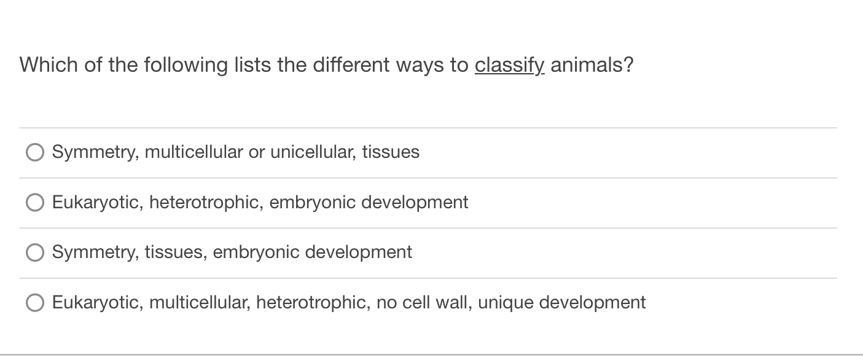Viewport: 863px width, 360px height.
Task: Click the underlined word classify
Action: click(x=509, y=65)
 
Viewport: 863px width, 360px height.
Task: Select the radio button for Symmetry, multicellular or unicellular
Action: click(x=35, y=152)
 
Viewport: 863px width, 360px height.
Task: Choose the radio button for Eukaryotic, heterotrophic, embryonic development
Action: click(x=35, y=203)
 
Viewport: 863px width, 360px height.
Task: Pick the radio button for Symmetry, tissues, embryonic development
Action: click(x=35, y=252)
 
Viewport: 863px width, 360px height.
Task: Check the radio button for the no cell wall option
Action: click(x=35, y=303)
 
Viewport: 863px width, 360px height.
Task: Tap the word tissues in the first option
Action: click(x=391, y=152)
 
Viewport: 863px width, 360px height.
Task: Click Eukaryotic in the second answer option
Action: click(x=95, y=202)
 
